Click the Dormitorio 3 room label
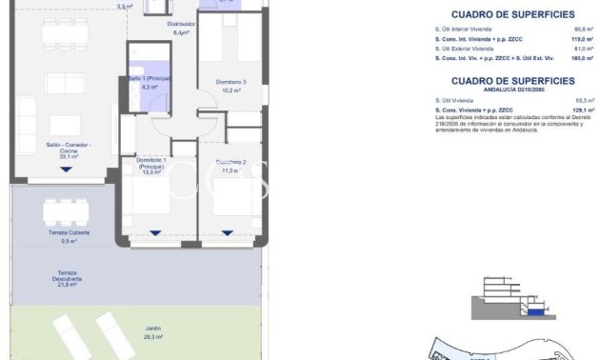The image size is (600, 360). [x=230, y=82]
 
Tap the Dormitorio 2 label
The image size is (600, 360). [x=230, y=162]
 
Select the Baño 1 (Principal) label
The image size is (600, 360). [x=149, y=79]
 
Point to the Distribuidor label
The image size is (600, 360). [x=181, y=24]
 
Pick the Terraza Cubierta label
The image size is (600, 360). [x=69, y=232]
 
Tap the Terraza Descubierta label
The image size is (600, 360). [x=68, y=275]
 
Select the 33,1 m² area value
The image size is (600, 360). [x=68, y=156]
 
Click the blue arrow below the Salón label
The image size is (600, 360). [x=66, y=170]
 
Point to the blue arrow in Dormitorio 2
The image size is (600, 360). [x=227, y=231]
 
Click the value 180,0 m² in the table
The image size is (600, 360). [x=570, y=58]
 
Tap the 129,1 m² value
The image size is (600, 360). [x=570, y=110]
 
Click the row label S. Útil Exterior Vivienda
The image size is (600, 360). [x=463, y=49]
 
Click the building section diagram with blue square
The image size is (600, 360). [x=511, y=302]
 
